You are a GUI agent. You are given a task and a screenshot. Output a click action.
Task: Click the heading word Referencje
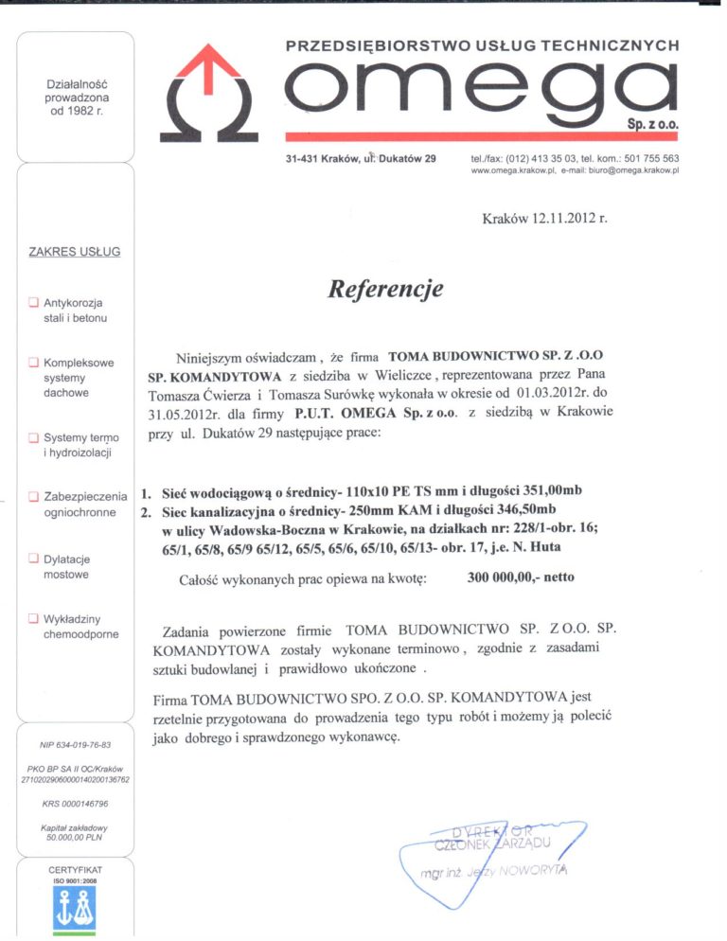point(384,288)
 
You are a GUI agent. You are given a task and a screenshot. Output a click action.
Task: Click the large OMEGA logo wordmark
point(482,91)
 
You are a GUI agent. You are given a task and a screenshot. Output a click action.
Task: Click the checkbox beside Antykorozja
point(33,304)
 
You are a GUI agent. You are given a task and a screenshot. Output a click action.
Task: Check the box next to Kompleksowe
point(33,363)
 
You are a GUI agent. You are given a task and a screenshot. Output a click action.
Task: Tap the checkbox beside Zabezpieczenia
point(33,496)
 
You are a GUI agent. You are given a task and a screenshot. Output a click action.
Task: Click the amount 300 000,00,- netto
point(521,577)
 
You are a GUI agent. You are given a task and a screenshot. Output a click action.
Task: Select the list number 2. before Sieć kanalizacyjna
point(146,512)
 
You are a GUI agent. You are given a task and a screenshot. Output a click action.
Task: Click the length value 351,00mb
point(540,493)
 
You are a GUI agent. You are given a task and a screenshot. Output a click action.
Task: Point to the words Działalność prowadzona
point(78,91)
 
